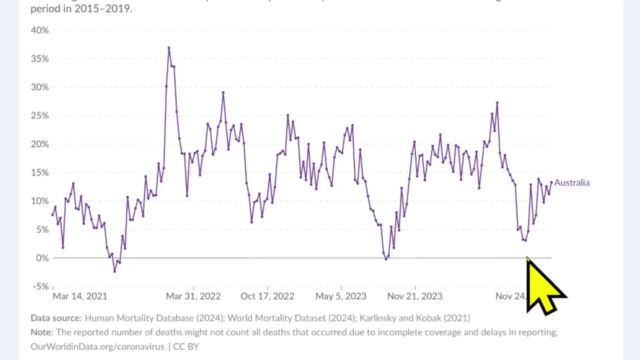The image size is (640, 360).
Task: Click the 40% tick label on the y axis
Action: (39, 30)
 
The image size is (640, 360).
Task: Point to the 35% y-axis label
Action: (39, 59)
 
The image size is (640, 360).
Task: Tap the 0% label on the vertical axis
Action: (42, 258)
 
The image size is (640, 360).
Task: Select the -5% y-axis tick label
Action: (40, 286)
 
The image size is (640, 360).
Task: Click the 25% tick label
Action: (39, 115)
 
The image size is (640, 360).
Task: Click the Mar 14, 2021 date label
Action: (79, 296)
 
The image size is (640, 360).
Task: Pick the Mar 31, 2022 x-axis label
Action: (193, 296)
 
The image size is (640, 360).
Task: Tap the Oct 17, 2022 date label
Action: (267, 296)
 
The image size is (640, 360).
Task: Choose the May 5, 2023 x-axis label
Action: (341, 296)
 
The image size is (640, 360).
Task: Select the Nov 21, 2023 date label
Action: (414, 296)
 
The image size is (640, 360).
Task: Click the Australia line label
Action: (571, 182)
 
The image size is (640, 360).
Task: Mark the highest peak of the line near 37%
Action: (168, 47)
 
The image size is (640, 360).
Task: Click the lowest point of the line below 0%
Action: (114, 271)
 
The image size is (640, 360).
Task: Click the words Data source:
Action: (55, 318)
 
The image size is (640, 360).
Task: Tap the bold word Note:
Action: (41, 332)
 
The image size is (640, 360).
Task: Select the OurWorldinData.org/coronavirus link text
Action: (97, 346)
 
